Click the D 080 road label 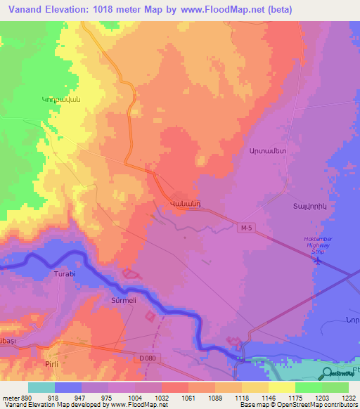(148, 358)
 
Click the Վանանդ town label (186, 204)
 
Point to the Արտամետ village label (267, 151)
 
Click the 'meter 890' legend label (15, 398)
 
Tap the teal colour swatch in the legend (41, 387)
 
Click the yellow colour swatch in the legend (282, 387)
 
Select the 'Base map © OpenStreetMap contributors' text (297, 405)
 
